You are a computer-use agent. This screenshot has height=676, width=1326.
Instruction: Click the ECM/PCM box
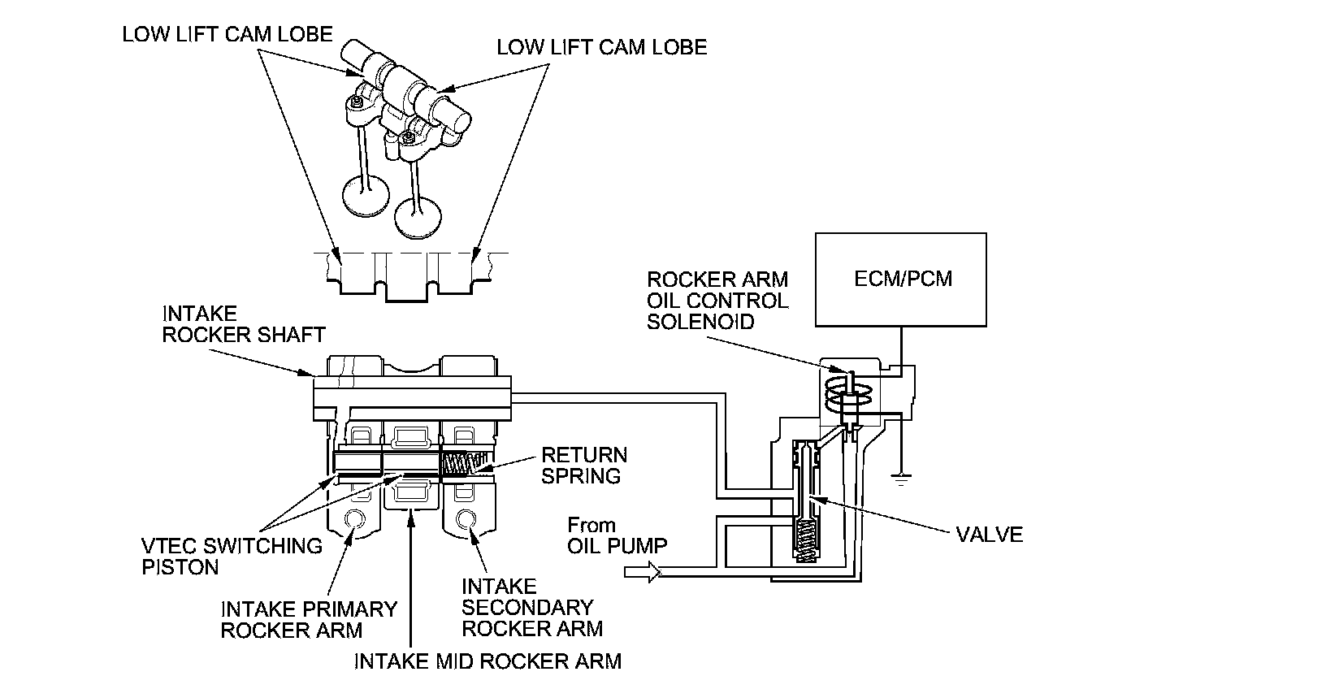click(x=902, y=279)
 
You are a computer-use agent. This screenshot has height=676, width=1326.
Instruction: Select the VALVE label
click(x=989, y=534)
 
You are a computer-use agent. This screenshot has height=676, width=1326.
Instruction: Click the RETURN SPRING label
click(x=584, y=465)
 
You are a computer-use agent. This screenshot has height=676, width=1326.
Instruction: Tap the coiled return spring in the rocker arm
click(x=466, y=463)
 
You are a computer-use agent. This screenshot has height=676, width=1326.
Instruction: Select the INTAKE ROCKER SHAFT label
click(x=243, y=324)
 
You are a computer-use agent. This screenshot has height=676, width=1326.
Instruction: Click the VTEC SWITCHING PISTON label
click(x=232, y=556)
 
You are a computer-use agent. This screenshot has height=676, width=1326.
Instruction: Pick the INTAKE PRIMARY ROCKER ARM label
click(x=309, y=619)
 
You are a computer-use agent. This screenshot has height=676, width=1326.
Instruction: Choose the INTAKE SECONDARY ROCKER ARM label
click(x=531, y=607)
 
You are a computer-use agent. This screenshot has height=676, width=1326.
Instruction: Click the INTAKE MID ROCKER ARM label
click(x=487, y=660)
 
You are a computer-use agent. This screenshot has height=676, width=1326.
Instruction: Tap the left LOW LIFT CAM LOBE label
click(x=227, y=34)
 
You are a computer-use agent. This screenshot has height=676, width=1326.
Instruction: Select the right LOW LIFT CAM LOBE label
click(x=601, y=47)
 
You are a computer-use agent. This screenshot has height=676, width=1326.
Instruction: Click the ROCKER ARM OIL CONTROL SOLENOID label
click(x=717, y=300)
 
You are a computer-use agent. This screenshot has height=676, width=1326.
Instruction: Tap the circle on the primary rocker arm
click(x=353, y=519)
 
